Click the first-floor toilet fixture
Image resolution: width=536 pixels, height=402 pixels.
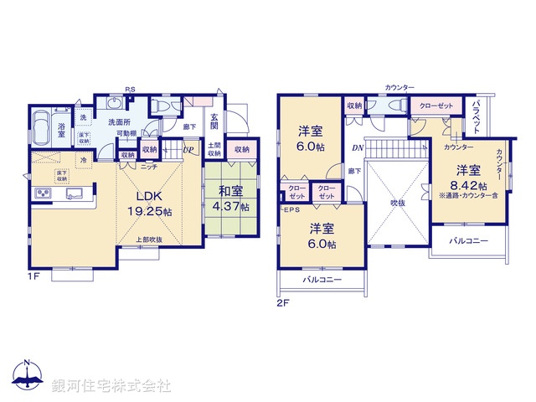pyautogui.click(x=162, y=106)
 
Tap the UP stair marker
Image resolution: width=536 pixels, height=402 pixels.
pyautogui.click(x=188, y=152)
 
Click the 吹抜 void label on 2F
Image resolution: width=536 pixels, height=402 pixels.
pyautogui.click(x=398, y=202)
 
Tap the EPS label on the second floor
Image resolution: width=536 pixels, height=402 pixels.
pyautogui.click(x=291, y=209)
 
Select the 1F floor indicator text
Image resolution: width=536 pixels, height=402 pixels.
pyautogui.click(x=33, y=275)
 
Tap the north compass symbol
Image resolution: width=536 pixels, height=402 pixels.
pyautogui.click(x=28, y=379)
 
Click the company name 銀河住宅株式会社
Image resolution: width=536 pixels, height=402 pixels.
pyautogui.click(x=111, y=385)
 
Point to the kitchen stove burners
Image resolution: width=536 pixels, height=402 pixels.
pyautogui.click(x=43, y=195)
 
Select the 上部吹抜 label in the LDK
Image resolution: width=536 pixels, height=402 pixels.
pyautogui.click(x=150, y=240)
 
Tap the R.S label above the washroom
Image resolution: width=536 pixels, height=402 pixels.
pyautogui.click(x=130, y=89)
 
